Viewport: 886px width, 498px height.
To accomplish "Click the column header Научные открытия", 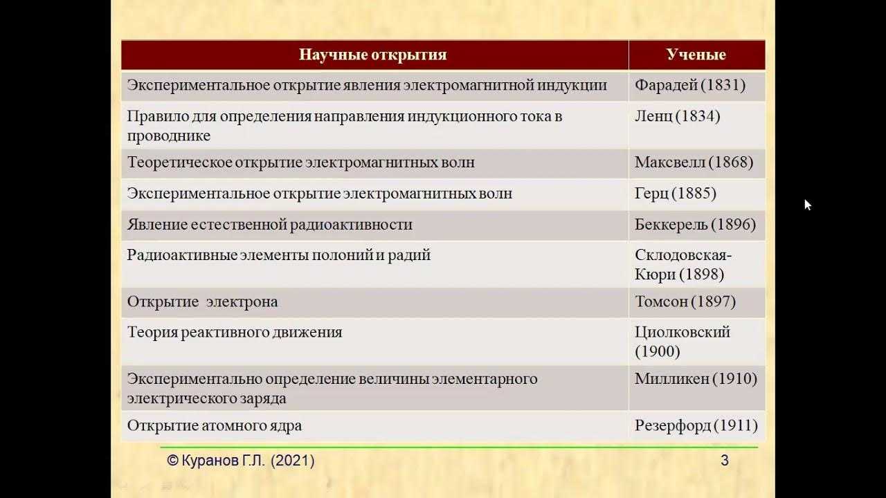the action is point(372,55).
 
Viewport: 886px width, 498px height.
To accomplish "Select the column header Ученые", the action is point(696,55).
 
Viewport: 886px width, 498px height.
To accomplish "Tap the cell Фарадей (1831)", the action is point(690,85).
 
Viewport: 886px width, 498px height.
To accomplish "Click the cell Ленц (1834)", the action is point(677,116).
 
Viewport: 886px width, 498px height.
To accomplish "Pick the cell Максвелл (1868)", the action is point(694,162).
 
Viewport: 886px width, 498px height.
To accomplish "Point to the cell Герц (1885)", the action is point(675,193).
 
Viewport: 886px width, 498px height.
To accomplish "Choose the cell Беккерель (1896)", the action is point(695,225).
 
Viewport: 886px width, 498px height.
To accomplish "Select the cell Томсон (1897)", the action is point(685,302).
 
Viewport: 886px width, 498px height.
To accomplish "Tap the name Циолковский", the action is point(682,332).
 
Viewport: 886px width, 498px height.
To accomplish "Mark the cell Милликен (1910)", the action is point(696,378).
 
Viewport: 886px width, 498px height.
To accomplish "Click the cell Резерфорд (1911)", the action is point(696,425).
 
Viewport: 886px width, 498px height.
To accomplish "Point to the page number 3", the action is point(725,461).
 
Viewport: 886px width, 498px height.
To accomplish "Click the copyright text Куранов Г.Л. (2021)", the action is point(240,461).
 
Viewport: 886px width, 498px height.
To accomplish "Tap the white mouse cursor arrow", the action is point(808,205).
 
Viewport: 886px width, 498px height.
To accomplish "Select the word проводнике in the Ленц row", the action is point(168,136).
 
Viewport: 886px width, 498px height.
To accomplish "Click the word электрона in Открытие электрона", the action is point(242,302).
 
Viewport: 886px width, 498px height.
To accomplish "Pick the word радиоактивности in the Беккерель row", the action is point(351,225).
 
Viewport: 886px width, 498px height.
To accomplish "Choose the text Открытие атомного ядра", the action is point(215,425).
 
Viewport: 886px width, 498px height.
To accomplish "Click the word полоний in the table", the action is point(343,255).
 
